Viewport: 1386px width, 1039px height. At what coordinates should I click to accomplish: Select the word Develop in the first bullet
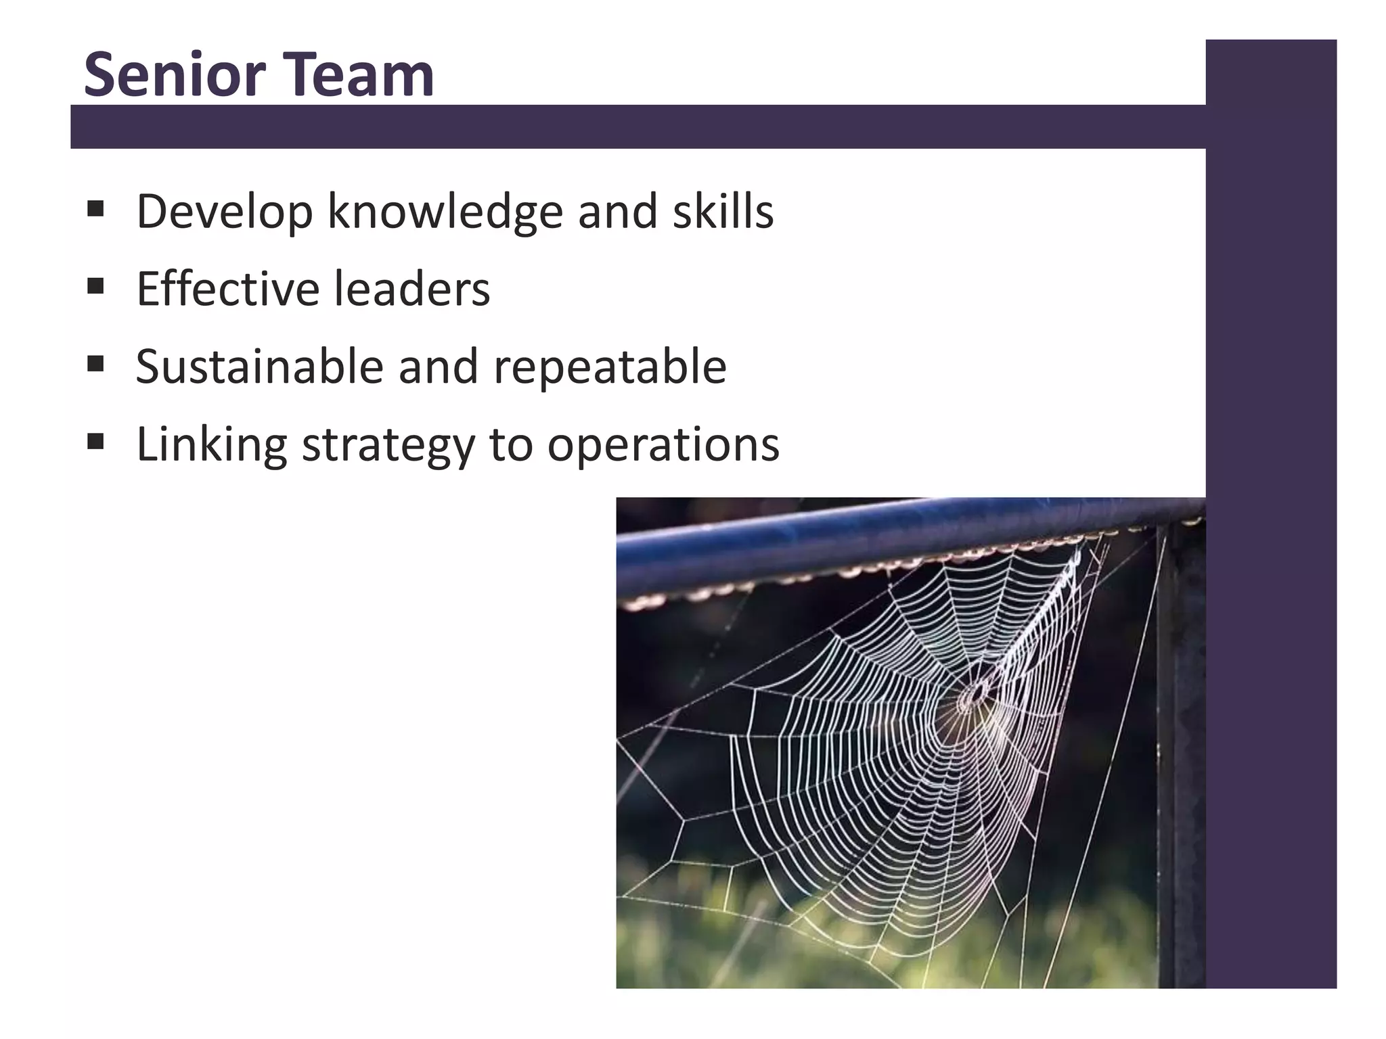225,212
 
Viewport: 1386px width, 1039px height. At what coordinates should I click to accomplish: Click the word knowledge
445,212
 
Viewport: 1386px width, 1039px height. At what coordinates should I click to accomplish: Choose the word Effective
227,289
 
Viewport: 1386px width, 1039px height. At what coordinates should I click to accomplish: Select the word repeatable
610,367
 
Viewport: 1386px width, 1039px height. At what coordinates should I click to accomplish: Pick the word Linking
212,445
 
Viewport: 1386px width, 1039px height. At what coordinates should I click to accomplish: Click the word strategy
388,445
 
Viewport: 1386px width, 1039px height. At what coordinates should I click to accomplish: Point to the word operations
663,445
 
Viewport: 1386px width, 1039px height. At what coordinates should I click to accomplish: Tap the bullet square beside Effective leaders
95,286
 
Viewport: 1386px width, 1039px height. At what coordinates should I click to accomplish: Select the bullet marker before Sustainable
95,364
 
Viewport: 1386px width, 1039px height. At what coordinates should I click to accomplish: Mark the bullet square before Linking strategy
95,442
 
